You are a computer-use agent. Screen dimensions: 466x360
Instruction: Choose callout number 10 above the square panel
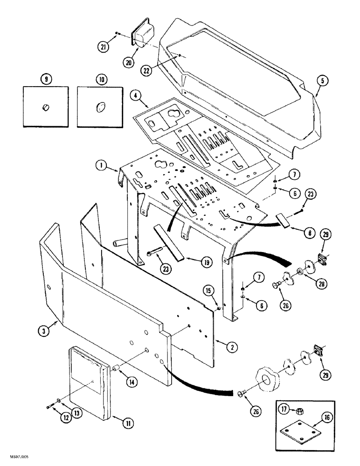(102, 79)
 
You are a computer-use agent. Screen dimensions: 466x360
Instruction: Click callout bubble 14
(132, 382)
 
